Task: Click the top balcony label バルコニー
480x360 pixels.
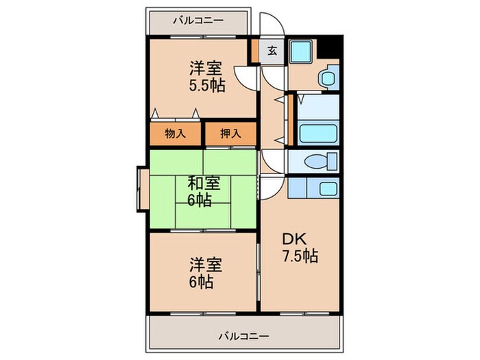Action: pos(198,20)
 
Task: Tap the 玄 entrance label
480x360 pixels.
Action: pos(272,51)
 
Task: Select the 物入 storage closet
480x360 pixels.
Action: pos(176,133)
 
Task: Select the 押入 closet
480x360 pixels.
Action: pos(230,133)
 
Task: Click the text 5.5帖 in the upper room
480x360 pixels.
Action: pos(206,87)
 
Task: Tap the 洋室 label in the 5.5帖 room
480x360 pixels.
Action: pos(205,69)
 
